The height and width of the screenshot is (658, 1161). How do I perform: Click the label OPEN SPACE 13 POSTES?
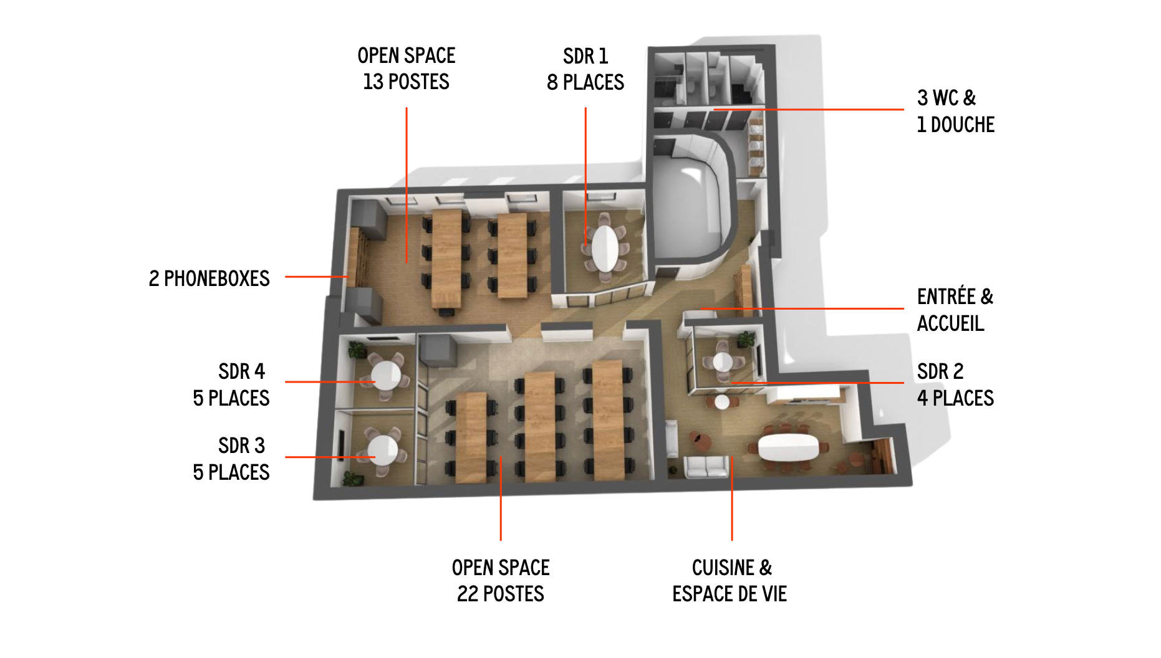click(407, 69)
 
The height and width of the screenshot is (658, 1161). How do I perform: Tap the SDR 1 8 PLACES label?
click(585, 69)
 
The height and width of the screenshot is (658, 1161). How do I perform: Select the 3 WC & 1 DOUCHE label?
click(955, 111)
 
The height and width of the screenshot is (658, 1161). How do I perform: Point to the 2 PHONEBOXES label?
click(209, 278)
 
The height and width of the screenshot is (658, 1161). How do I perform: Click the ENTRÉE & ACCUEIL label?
click(955, 310)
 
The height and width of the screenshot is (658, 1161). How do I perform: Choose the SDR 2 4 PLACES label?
click(955, 384)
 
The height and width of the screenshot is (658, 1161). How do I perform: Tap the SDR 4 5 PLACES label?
click(231, 384)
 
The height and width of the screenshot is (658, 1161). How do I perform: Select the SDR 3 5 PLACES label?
click(231, 459)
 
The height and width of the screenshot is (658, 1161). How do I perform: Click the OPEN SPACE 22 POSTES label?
click(501, 581)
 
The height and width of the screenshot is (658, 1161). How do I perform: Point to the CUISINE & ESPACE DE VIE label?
click(730, 581)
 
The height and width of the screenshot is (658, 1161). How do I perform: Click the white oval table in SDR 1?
click(605, 247)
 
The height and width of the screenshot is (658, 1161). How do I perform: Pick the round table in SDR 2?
click(723, 361)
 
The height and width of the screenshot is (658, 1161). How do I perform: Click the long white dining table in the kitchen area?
click(788, 447)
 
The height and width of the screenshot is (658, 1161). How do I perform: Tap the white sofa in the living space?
click(706, 466)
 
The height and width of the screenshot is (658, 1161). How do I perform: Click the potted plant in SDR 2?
click(746, 340)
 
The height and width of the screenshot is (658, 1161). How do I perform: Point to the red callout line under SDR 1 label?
click(585, 176)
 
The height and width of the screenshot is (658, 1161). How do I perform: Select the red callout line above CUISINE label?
click(732, 498)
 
